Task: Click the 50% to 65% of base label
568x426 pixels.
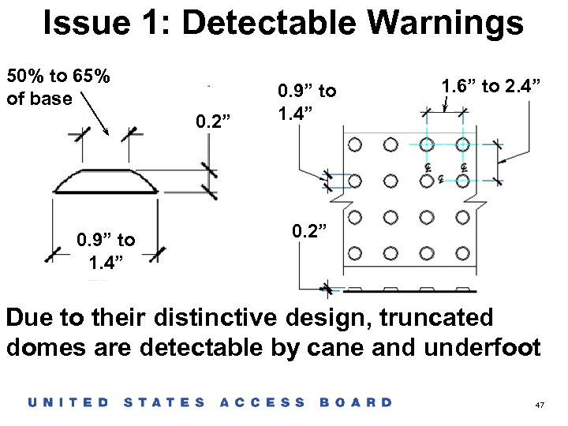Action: point(57,88)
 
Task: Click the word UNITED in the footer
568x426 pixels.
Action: point(69,402)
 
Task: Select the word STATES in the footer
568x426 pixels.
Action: point(165,402)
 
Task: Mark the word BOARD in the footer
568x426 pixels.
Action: point(356,402)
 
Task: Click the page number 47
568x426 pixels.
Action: point(540,404)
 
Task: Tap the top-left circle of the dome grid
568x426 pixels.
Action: point(354,144)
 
